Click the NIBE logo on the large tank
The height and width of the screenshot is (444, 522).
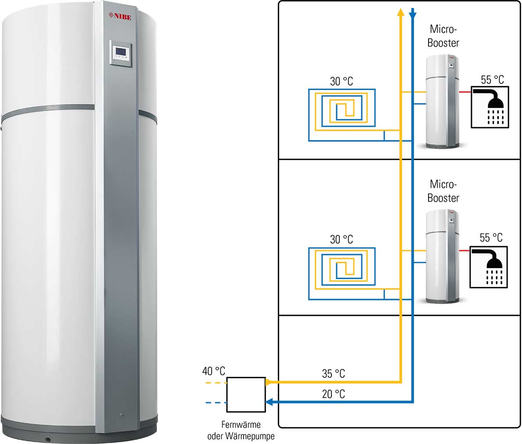tap(120, 16)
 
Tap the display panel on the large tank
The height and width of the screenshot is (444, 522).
tap(120, 53)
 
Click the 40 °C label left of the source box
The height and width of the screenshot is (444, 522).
tap(214, 371)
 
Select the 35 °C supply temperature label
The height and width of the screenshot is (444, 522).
tap(333, 373)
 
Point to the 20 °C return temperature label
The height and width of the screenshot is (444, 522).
tap(333, 394)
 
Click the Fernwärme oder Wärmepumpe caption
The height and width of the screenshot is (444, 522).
tap(241, 430)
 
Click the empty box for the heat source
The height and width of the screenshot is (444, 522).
tap(246, 394)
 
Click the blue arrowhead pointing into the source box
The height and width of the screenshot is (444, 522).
tap(269, 402)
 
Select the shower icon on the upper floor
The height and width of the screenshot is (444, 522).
tap(490, 107)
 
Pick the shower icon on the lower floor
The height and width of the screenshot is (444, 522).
tap(488, 267)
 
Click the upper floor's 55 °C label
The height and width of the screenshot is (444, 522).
tap(493, 80)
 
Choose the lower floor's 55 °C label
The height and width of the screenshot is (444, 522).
tap(491, 237)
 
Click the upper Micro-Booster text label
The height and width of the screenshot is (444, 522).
tap(443, 36)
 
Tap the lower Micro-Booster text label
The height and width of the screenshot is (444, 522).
tap(443, 191)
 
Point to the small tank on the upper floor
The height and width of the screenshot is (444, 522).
tap(443, 102)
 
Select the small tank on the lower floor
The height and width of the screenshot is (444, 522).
tap(443, 257)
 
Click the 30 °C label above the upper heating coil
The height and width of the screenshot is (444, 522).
tap(342, 81)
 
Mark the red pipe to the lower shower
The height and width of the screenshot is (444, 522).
tap(464, 251)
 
